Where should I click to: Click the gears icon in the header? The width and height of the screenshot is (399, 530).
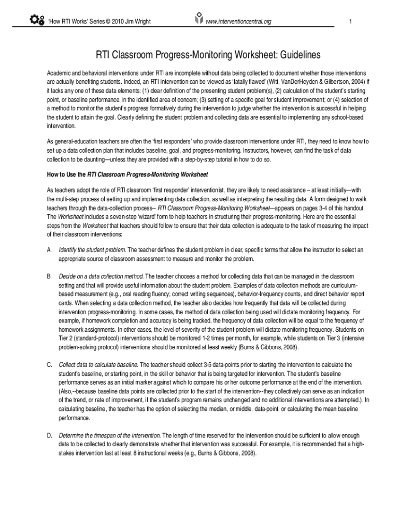coord(38,21)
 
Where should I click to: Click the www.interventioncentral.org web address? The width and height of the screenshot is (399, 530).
coord(238,21)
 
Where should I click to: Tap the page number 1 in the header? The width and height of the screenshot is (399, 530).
coord(351,21)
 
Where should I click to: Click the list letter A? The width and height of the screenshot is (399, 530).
coord(49,250)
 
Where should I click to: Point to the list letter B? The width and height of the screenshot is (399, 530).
coord(49,276)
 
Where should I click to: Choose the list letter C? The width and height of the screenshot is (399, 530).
coord(49,364)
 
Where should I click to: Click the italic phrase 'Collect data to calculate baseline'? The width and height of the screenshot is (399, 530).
coord(98,364)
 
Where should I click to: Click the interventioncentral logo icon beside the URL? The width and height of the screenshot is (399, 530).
coord(197,20)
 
